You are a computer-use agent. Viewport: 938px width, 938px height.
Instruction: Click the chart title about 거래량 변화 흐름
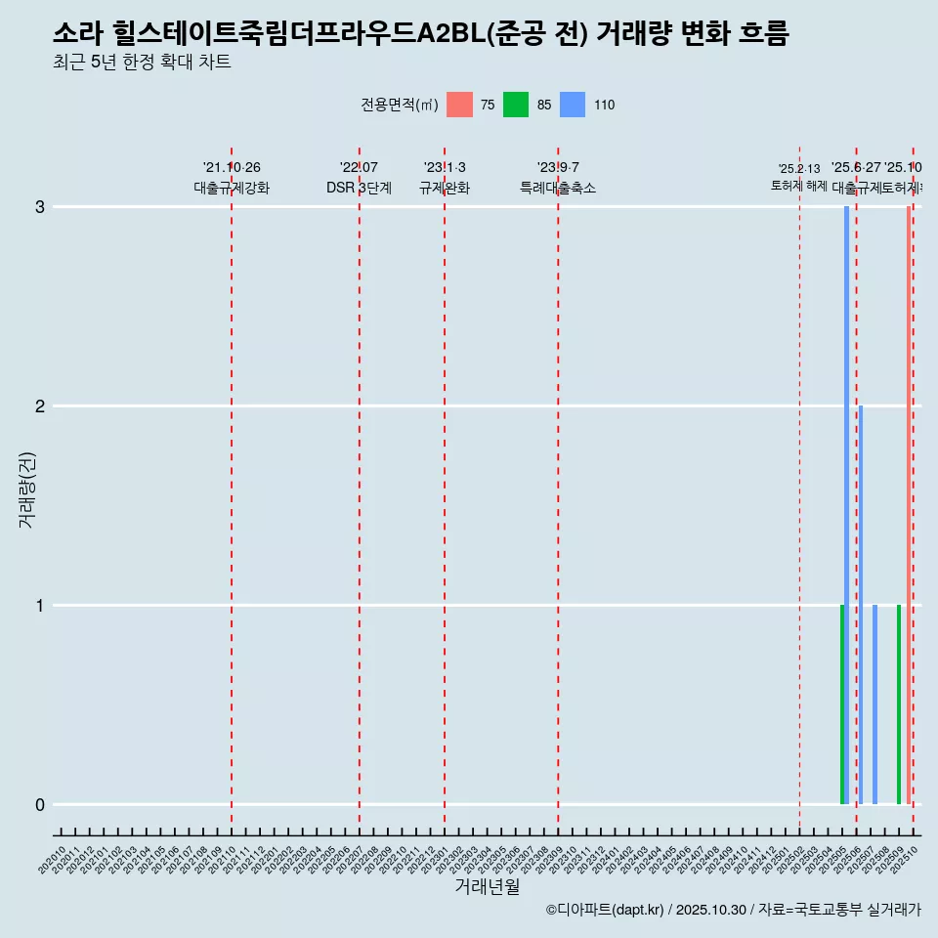click(x=420, y=34)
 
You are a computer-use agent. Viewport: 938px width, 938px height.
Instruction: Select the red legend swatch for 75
click(x=459, y=105)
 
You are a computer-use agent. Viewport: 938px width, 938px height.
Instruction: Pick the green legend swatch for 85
click(x=516, y=105)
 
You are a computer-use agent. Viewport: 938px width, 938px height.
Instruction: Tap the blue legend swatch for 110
click(x=573, y=105)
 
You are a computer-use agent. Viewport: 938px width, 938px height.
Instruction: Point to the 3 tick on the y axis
click(x=39, y=207)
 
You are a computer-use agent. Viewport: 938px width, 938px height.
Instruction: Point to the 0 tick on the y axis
click(x=39, y=805)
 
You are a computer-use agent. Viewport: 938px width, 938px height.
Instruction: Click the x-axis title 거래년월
click(x=487, y=886)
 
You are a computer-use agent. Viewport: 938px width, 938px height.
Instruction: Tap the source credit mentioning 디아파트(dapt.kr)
click(x=733, y=910)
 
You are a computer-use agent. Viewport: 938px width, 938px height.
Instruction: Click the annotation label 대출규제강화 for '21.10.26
click(x=231, y=189)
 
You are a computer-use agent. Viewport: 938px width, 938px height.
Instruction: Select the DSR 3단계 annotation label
click(x=359, y=189)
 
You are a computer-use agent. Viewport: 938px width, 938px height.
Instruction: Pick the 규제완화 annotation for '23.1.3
click(x=445, y=189)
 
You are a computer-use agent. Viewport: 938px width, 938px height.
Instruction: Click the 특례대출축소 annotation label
click(x=558, y=189)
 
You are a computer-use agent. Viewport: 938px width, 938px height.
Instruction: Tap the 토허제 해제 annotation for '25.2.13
click(x=799, y=186)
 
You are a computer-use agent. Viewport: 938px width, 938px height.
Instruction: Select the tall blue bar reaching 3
click(x=846, y=505)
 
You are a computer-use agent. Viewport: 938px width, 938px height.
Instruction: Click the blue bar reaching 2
click(x=861, y=605)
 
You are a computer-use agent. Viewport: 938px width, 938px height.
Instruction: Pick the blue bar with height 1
click(x=874, y=704)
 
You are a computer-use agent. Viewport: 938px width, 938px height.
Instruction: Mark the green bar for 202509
click(x=899, y=704)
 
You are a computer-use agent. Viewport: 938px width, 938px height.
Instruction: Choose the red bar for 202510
click(x=909, y=505)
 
